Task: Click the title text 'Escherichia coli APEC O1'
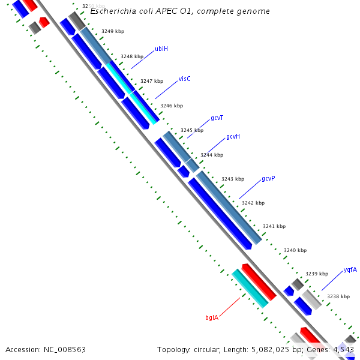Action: (146, 11)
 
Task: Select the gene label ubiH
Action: (161, 49)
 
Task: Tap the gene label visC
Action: (184, 79)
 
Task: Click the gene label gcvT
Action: (217, 118)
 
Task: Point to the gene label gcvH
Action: (233, 137)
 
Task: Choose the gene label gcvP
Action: (268, 179)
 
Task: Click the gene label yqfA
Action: (350, 270)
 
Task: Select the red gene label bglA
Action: (212, 317)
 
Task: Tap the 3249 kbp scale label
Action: (112, 31)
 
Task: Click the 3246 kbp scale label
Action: (171, 106)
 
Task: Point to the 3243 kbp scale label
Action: (233, 179)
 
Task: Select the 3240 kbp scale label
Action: (295, 250)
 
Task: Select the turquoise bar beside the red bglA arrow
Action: (250, 289)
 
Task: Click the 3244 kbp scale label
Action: (212, 155)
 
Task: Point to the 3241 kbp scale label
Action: (274, 226)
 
